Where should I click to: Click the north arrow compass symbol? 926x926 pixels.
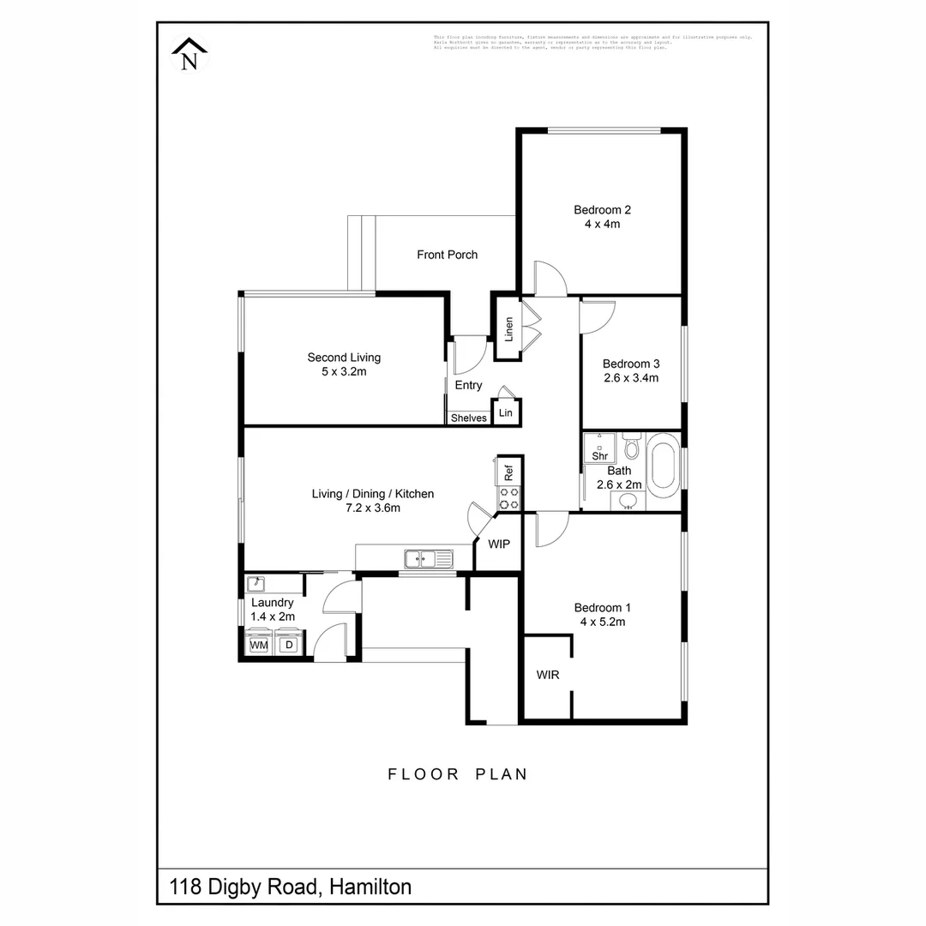(189, 56)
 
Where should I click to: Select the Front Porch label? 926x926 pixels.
(447, 255)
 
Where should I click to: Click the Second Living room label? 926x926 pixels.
(344, 358)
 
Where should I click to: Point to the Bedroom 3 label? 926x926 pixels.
(630, 364)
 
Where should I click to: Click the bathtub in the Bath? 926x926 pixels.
(662, 466)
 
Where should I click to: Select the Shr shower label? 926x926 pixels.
(600, 456)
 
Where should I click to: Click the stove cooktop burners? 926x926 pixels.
(508, 498)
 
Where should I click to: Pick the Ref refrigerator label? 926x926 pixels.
(508, 471)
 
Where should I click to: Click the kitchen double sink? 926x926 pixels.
(428, 560)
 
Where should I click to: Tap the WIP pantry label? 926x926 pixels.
(499, 544)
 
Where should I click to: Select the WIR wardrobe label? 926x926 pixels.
(548, 676)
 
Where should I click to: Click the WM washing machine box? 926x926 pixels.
(258, 645)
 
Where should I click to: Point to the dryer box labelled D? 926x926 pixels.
(289, 645)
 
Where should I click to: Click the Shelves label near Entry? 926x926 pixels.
(468, 418)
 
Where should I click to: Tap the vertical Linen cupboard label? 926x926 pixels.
(508, 328)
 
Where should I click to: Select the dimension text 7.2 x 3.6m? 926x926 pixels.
(373, 508)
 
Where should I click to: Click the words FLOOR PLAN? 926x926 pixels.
(458, 774)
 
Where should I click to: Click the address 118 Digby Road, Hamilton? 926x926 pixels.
(291, 887)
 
